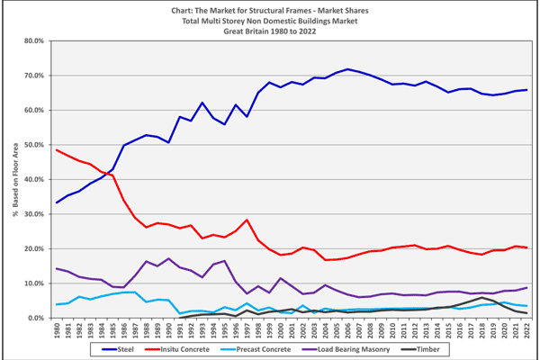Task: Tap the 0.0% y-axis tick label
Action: [34, 318]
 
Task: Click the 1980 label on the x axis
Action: [57, 330]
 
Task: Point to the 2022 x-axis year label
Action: [525, 330]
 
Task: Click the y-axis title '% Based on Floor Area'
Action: [15, 180]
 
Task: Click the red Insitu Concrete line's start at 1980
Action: [57, 150]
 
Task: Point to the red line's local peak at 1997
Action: [247, 220]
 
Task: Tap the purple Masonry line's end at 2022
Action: [525, 287]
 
